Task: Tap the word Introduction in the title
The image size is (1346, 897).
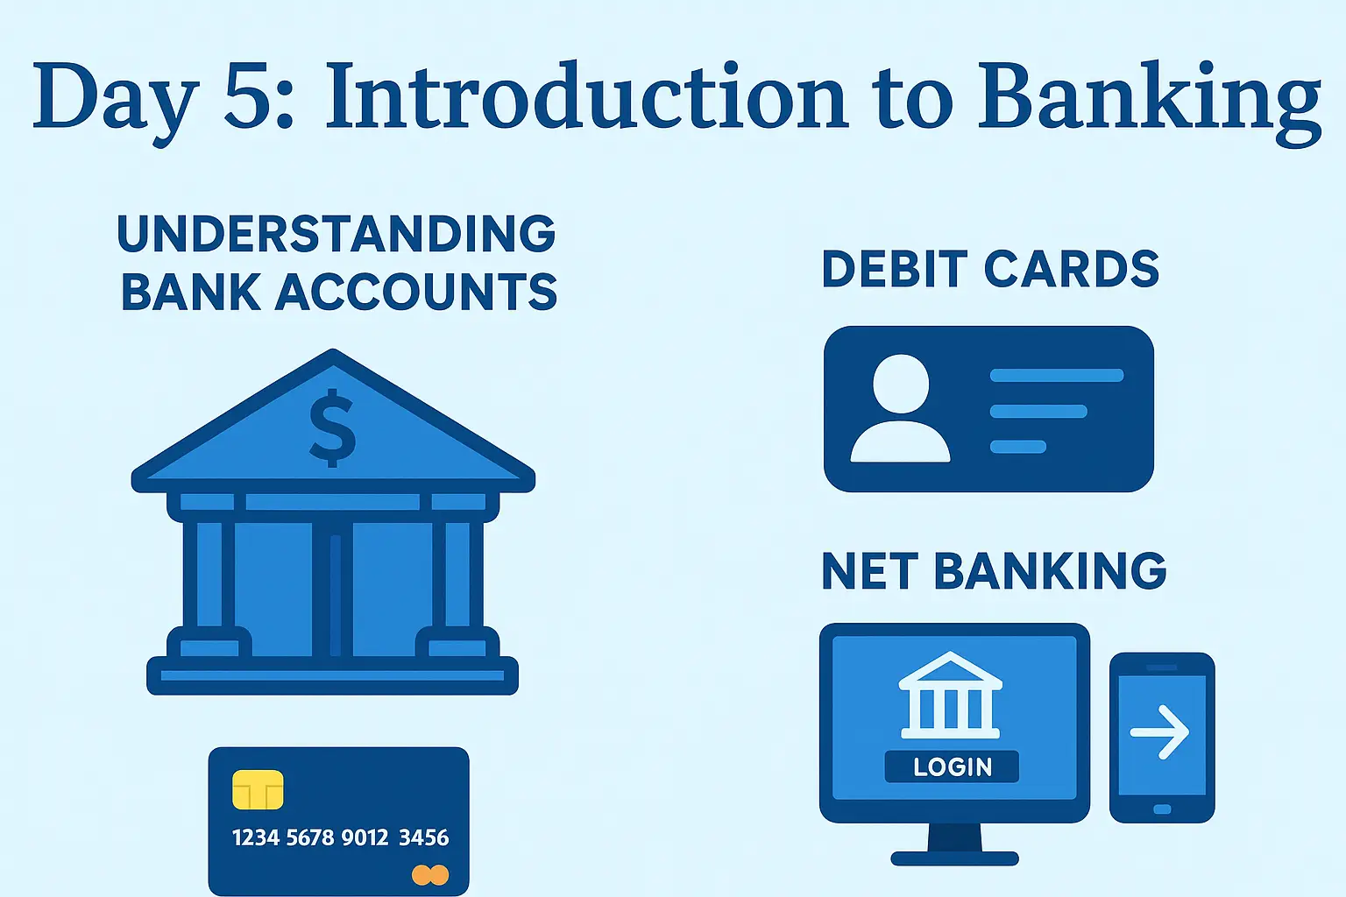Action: pos(586,95)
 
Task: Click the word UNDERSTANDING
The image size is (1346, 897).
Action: pos(336,233)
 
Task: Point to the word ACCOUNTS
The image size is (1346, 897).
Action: pos(416,292)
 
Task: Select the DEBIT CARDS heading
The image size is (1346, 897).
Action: pos(990,269)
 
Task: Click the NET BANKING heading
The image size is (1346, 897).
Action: pos(994,570)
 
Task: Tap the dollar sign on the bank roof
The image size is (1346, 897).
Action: pos(332,427)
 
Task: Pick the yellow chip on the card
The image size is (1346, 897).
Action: pos(258,789)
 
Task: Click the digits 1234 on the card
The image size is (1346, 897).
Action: pos(255,837)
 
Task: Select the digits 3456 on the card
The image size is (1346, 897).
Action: pos(423,837)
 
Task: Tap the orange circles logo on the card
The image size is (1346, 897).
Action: pos(430,875)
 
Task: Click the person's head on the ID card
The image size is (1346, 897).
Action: pos(901,384)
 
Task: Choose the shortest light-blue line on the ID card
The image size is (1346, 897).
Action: pos(1018,447)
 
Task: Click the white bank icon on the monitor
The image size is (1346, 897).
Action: pos(950,696)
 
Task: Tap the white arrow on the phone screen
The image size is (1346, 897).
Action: pos(1159,731)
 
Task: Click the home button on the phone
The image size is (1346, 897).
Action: pos(1162,809)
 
